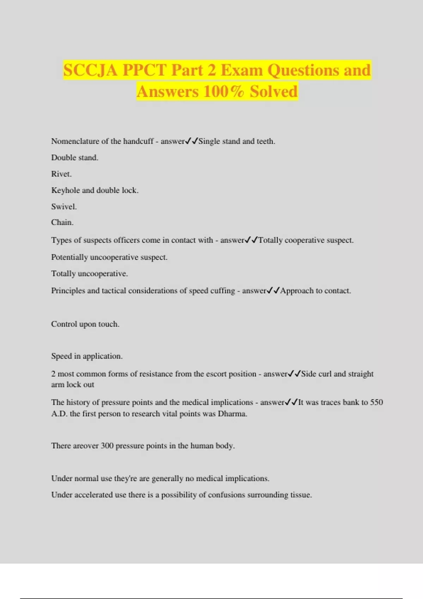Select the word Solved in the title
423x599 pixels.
(x=274, y=91)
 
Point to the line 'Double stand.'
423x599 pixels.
(x=75, y=158)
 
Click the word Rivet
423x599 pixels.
(x=61, y=174)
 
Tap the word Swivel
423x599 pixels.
(x=64, y=206)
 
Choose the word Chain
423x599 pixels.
(x=62, y=222)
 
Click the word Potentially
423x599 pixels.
(x=69, y=257)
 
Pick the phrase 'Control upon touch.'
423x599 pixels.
(x=85, y=324)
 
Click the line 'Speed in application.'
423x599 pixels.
(x=87, y=356)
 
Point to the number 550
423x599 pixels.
(x=376, y=402)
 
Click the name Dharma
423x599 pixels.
(x=232, y=414)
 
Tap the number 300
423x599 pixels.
(x=107, y=446)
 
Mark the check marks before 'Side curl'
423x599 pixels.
(x=294, y=373)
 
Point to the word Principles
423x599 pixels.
(x=68, y=291)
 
